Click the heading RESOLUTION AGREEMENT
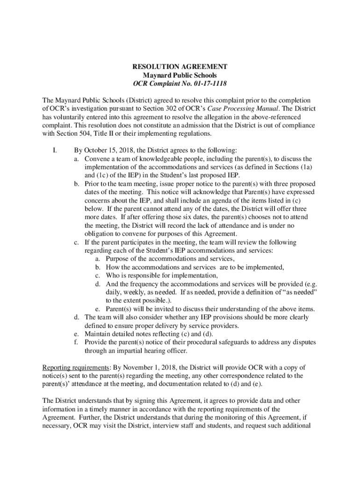click(x=180, y=66)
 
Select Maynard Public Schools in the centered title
click(x=180, y=75)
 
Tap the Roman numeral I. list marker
click(x=54, y=150)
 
